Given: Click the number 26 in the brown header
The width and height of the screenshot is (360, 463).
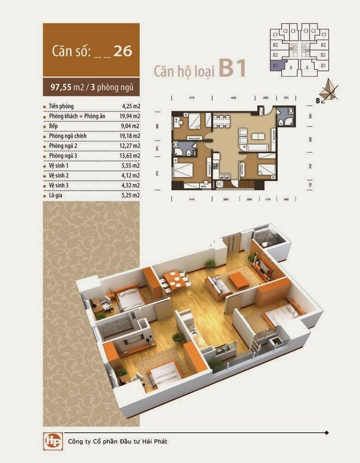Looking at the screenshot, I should click(x=123, y=51).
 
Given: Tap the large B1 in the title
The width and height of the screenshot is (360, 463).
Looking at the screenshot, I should click(x=232, y=69).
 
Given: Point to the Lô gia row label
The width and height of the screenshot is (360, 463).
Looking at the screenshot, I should click(x=56, y=195).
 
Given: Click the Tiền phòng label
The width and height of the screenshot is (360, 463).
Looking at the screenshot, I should click(x=61, y=106).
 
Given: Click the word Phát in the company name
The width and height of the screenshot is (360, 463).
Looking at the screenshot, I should click(x=161, y=441).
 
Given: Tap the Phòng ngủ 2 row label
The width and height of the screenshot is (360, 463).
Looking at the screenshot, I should click(x=63, y=146).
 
